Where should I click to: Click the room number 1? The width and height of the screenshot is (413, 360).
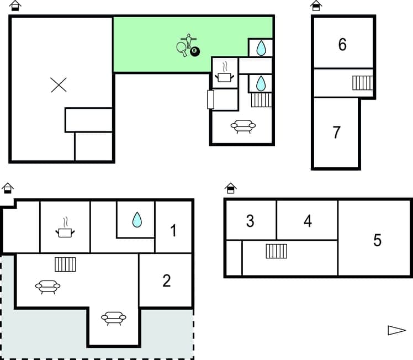[x=173, y=230]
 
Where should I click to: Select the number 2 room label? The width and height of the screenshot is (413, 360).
[x=167, y=280]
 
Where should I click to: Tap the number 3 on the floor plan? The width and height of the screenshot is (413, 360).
[x=250, y=221]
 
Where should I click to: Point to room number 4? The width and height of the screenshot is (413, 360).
[x=308, y=221]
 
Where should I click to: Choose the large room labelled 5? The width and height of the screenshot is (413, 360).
[x=377, y=240]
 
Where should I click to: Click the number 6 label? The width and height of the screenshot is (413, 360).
[x=342, y=45]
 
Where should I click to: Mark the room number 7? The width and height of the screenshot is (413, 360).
[x=337, y=133]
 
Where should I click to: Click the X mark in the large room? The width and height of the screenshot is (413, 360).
[x=59, y=84]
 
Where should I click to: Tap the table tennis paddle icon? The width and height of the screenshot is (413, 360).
[x=182, y=48]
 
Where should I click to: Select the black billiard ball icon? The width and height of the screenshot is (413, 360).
[x=194, y=51]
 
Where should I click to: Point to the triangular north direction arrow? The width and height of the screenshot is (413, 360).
[x=396, y=330]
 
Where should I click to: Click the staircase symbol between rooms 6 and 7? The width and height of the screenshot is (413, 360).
[x=363, y=83]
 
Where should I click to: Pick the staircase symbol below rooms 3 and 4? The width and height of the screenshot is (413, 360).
[x=276, y=251]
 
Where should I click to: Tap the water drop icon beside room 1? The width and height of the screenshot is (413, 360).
[x=136, y=221]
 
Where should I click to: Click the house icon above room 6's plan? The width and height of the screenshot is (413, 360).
[x=315, y=6]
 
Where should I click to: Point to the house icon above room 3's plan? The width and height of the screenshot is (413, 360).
[x=231, y=188]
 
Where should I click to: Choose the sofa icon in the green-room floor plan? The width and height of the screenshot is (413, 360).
[x=243, y=127]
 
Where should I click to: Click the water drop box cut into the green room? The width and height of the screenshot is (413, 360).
[x=261, y=47]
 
